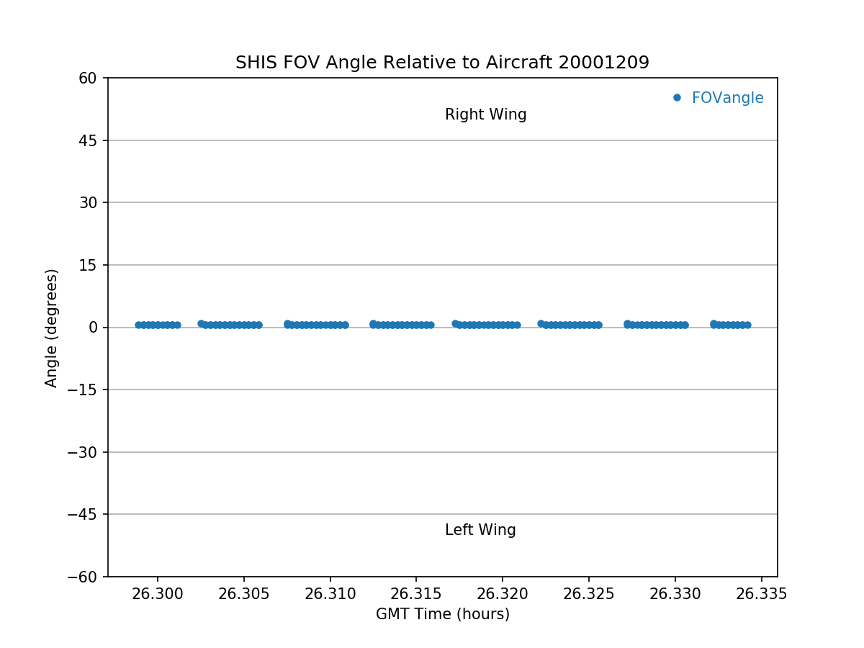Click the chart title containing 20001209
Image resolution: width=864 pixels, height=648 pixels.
tap(442, 63)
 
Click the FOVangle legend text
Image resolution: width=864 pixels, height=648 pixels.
tap(727, 98)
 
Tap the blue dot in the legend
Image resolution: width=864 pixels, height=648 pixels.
tap(677, 98)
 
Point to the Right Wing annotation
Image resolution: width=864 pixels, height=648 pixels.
tap(485, 114)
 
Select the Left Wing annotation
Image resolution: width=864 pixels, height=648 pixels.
tap(480, 531)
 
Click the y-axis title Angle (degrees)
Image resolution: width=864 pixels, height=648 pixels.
tap(52, 328)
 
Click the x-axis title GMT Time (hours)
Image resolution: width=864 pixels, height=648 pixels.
tap(442, 614)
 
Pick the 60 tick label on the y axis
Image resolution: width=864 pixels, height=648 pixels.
tap(89, 78)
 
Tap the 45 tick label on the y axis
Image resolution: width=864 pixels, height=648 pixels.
tap(89, 140)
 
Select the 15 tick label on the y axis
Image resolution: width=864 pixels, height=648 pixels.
tap(89, 265)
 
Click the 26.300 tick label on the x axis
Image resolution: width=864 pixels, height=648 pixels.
tap(157, 594)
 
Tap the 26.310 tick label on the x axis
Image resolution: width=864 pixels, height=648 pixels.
tap(330, 594)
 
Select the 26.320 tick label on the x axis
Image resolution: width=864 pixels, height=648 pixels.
tap(503, 594)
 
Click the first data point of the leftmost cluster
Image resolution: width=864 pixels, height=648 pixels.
tap(138, 325)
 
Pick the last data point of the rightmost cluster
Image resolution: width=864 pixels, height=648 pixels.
tap(747, 325)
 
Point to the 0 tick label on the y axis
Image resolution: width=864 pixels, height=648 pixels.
tap(94, 328)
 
